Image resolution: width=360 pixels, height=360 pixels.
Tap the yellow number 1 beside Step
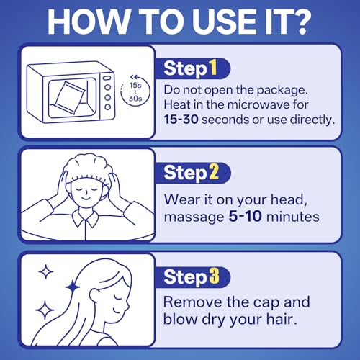[x=213, y=68]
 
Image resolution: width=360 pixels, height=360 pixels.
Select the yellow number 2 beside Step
[x=214, y=172]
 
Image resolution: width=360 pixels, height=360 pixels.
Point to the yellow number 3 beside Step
[x=214, y=276]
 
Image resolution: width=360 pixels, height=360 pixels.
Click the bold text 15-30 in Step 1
[x=181, y=120]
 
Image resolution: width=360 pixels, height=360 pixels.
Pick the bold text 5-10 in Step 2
[x=245, y=216]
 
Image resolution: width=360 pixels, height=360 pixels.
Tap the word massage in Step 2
[x=194, y=217]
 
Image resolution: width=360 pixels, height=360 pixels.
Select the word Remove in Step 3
[x=193, y=302]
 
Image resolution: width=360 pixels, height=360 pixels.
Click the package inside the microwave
[x=69, y=98]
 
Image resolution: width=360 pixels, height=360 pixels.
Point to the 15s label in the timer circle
[x=135, y=85]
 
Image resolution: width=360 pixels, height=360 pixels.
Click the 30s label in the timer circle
[x=135, y=99]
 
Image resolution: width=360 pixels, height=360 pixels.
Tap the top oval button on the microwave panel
[x=107, y=78]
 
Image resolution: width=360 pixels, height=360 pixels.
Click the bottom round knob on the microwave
[x=108, y=107]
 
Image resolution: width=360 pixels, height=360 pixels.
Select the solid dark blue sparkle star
[x=73, y=287]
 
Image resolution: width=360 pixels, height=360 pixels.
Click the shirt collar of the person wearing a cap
[x=85, y=218]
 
